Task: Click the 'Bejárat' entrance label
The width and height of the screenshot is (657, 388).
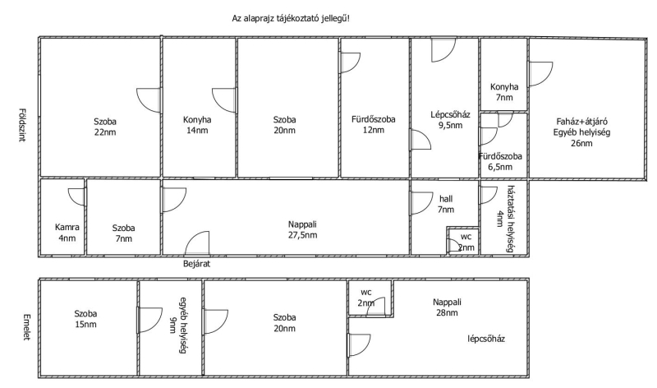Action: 198,265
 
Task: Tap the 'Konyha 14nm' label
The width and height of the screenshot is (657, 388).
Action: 197,126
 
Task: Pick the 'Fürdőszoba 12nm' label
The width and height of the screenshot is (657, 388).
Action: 374,126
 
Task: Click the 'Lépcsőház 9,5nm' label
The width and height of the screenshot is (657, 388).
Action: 443,121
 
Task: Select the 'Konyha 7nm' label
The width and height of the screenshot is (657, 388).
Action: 504,93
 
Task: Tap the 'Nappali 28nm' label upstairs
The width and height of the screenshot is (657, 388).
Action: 448,307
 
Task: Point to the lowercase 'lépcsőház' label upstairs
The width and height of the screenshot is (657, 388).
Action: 485,339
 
